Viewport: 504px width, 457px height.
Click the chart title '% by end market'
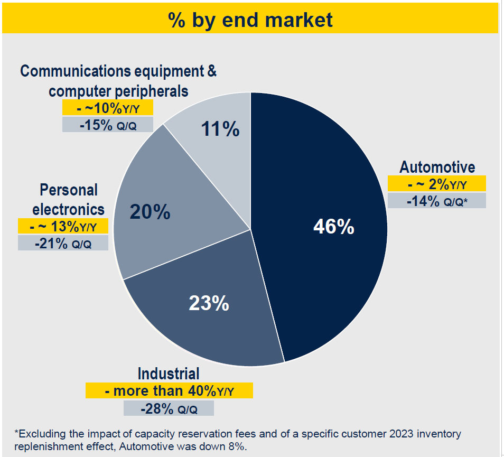click(x=250, y=20)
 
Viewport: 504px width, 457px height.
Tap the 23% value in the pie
click(x=209, y=303)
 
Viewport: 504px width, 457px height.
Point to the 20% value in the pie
click(x=150, y=212)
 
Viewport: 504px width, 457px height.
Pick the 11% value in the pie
click(x=220, y=128)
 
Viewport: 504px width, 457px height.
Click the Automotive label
click(x=437, y=167)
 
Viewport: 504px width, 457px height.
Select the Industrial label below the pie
click(x=169, y=374)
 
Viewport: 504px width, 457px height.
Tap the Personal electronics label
click(x=69, y=199)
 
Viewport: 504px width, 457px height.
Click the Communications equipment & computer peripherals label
click(x=118, y=81)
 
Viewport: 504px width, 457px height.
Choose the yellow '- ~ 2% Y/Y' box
click(x=436, y=184)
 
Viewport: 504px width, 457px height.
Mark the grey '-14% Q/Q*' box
click(x=436, y=201)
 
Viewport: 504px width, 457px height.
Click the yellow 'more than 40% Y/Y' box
click(x=169, y=391)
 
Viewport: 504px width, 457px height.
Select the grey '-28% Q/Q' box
click(x=169, y=408)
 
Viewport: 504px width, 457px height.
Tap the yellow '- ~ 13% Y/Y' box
click(x=63, y=226)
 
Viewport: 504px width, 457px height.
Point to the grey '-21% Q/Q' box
click(x=63, y=243)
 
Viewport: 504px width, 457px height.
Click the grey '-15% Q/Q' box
click(x=107, y=125)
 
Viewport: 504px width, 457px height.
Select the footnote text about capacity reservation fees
click(x=238, y=439)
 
